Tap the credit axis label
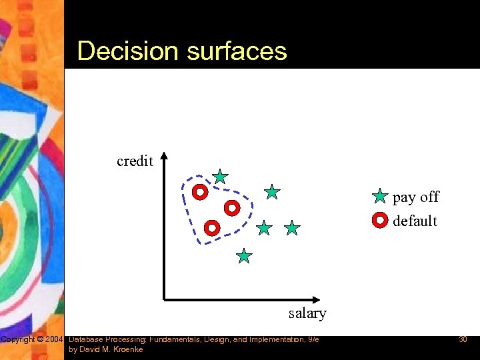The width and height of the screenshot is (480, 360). pos(135,161)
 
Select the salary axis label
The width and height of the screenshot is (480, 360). pos(307,313)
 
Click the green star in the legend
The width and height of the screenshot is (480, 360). pos(379,197)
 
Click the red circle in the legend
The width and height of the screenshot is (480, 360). pos(379,219)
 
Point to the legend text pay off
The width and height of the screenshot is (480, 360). pos(416,197)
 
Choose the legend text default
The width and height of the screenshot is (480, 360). pos(415,221)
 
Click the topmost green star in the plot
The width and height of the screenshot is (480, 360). pos(220,177)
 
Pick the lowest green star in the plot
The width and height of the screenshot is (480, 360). pos(245,256)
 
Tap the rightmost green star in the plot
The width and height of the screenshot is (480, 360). pos(292,229)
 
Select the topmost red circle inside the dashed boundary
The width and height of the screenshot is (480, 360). pos(199,193)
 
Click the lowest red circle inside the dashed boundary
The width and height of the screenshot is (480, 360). pos(212,228)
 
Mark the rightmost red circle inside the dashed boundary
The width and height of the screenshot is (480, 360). pos(231,208)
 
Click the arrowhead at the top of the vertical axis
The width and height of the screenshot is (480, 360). pos(165,158)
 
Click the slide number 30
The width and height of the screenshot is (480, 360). pos(463,340)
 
